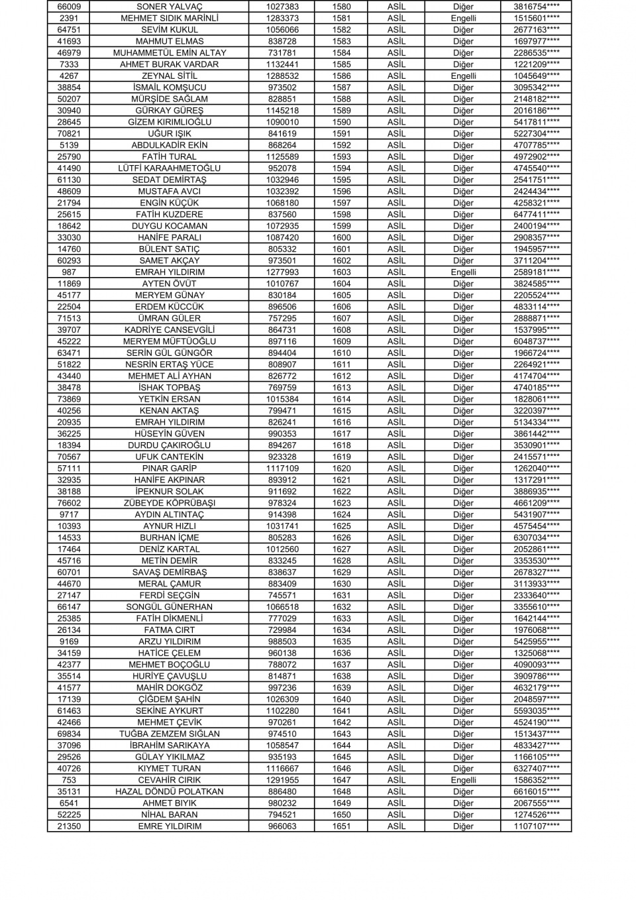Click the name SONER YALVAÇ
pyautogui.click(x=169, y=7)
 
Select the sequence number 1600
pyautogui.click(x=342, y=237)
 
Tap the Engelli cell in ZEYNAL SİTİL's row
pyautogui.click(x=463, y=76)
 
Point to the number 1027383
pyautogui.click(x=282, y=7)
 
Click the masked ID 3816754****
pyautogui.click(x=536, y=7)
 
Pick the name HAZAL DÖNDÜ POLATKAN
pyautogui.click(x=169, y=791)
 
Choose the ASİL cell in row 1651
pyautogui.click(x=396, y=826)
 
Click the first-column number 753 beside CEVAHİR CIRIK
pyautogui.click(x=69, y=780)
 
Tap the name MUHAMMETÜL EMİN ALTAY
pyautogui.click(x=169, y=53)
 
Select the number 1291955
pyautogui.click(x=282, y=780)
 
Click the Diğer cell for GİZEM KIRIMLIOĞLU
pyautogui.click(x=463, y=122)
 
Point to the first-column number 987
pyautogui.click(x=69, y=272)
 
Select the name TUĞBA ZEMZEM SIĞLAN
pyautogui.click(x=169, y=734)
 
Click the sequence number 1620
pyautogui.click(x=342, y=469)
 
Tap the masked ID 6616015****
pyautogui.click(x=536, y=791)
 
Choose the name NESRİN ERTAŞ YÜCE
pyautogui.click(x=169, y=365)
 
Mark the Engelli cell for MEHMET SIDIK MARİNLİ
pyautogui.click(x=463, y=19)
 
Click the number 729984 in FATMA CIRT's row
pyautogui.click(x=282, y=630)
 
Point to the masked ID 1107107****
pyautogui.click(x=536, y=826)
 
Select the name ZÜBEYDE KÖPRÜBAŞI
pyautogui.click(x=169, y=503)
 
